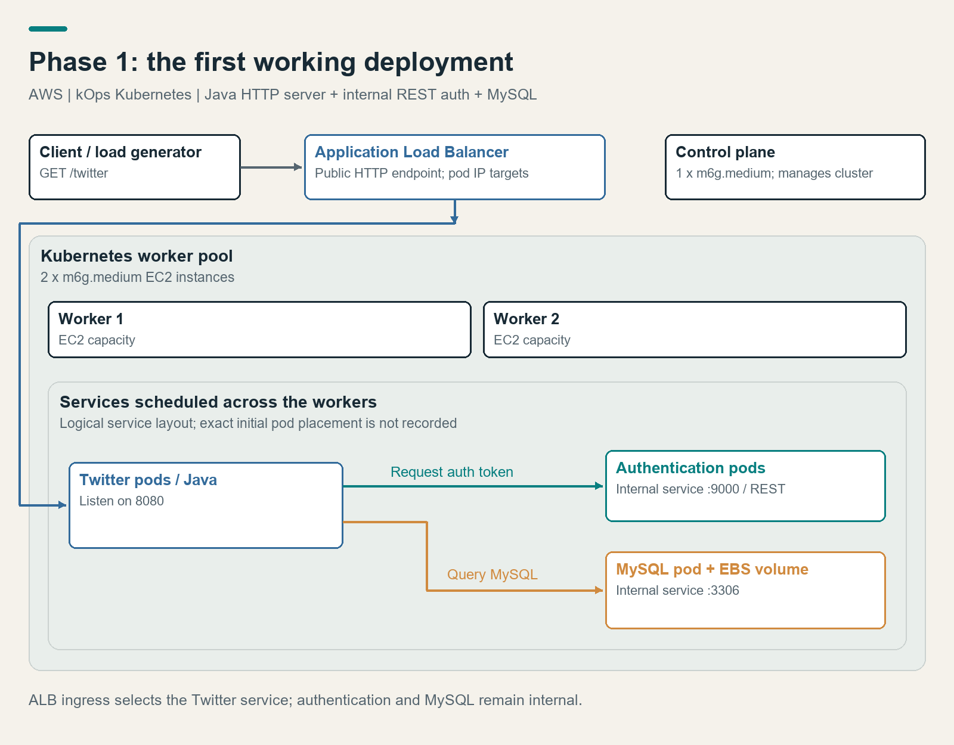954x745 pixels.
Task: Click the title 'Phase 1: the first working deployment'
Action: (271, 62)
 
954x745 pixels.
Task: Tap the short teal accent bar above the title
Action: (48, 29)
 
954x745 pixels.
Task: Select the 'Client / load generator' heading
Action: (120, 152)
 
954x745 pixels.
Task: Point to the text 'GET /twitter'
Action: (74, 173)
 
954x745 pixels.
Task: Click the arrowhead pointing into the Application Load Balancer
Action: (298, 167)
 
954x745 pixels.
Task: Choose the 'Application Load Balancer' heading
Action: (411, 152)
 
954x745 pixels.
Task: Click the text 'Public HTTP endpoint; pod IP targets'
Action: (422, 173)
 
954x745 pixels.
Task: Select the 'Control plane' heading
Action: (725, 152)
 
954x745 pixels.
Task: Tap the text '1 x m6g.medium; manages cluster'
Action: (774, 173)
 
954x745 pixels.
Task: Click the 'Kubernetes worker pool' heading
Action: (137, 256)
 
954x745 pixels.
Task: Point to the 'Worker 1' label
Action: (91, 318)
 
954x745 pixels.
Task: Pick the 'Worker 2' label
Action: (526, 318)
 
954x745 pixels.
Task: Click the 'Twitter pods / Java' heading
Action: (148, 480)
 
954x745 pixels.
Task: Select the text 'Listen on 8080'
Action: (122, 501)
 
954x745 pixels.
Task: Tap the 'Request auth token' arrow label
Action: (452, 471)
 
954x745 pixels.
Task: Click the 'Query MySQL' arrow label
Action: (492, 575)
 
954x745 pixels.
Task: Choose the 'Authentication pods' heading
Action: (690, 468)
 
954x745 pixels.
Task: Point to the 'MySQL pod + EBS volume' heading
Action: (712, 569)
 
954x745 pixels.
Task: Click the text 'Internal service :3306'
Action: (677, 590)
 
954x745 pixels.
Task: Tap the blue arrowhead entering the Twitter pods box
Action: (63, 505)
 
